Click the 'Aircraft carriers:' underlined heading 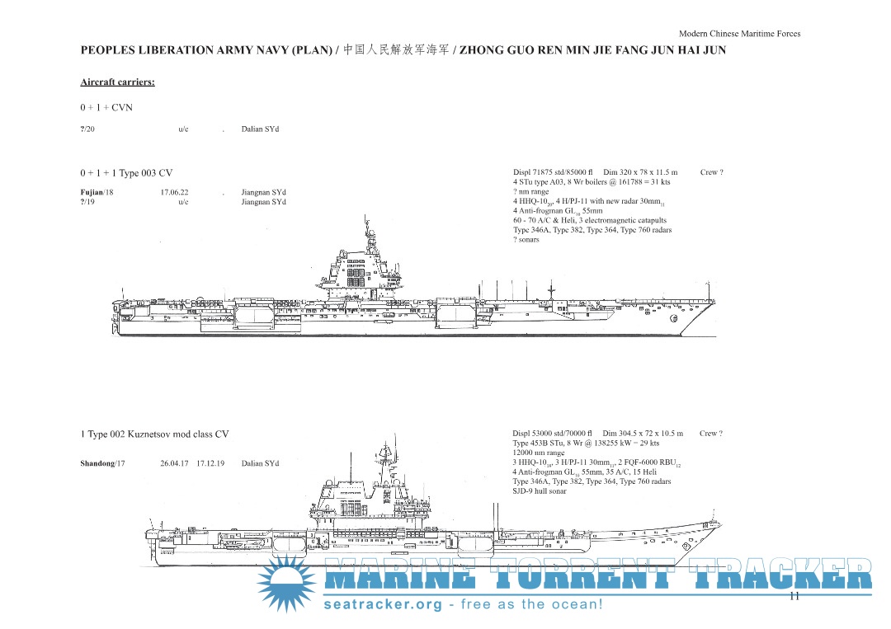click(118, 82)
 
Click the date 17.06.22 click(174, 192)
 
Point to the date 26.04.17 click(174, 463)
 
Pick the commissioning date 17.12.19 click(210, 463)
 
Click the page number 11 click(794, 596)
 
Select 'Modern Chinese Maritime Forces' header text click(739, 34)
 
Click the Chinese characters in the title click(396, 50)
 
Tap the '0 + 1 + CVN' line click(106, 107)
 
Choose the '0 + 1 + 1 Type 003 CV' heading click(126, 173)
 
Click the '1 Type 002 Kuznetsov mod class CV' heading click(154, 434)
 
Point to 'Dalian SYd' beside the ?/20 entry click(260, 129)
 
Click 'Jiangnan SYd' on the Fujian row click(264, 192)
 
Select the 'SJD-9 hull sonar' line click(540, 491)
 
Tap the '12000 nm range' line click(539, 453)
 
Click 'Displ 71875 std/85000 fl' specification click(552, 172)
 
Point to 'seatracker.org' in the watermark click(383, 604)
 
